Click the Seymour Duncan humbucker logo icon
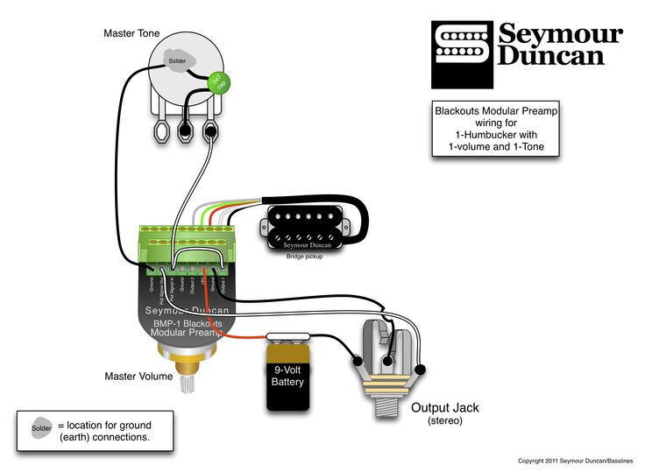pos(462,44)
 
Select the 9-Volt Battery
pos(288,377)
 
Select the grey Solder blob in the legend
pos(41,429)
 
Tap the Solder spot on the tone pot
pos(178,60)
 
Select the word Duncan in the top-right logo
pos(551,57)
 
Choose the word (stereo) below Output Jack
pos(446,421)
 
